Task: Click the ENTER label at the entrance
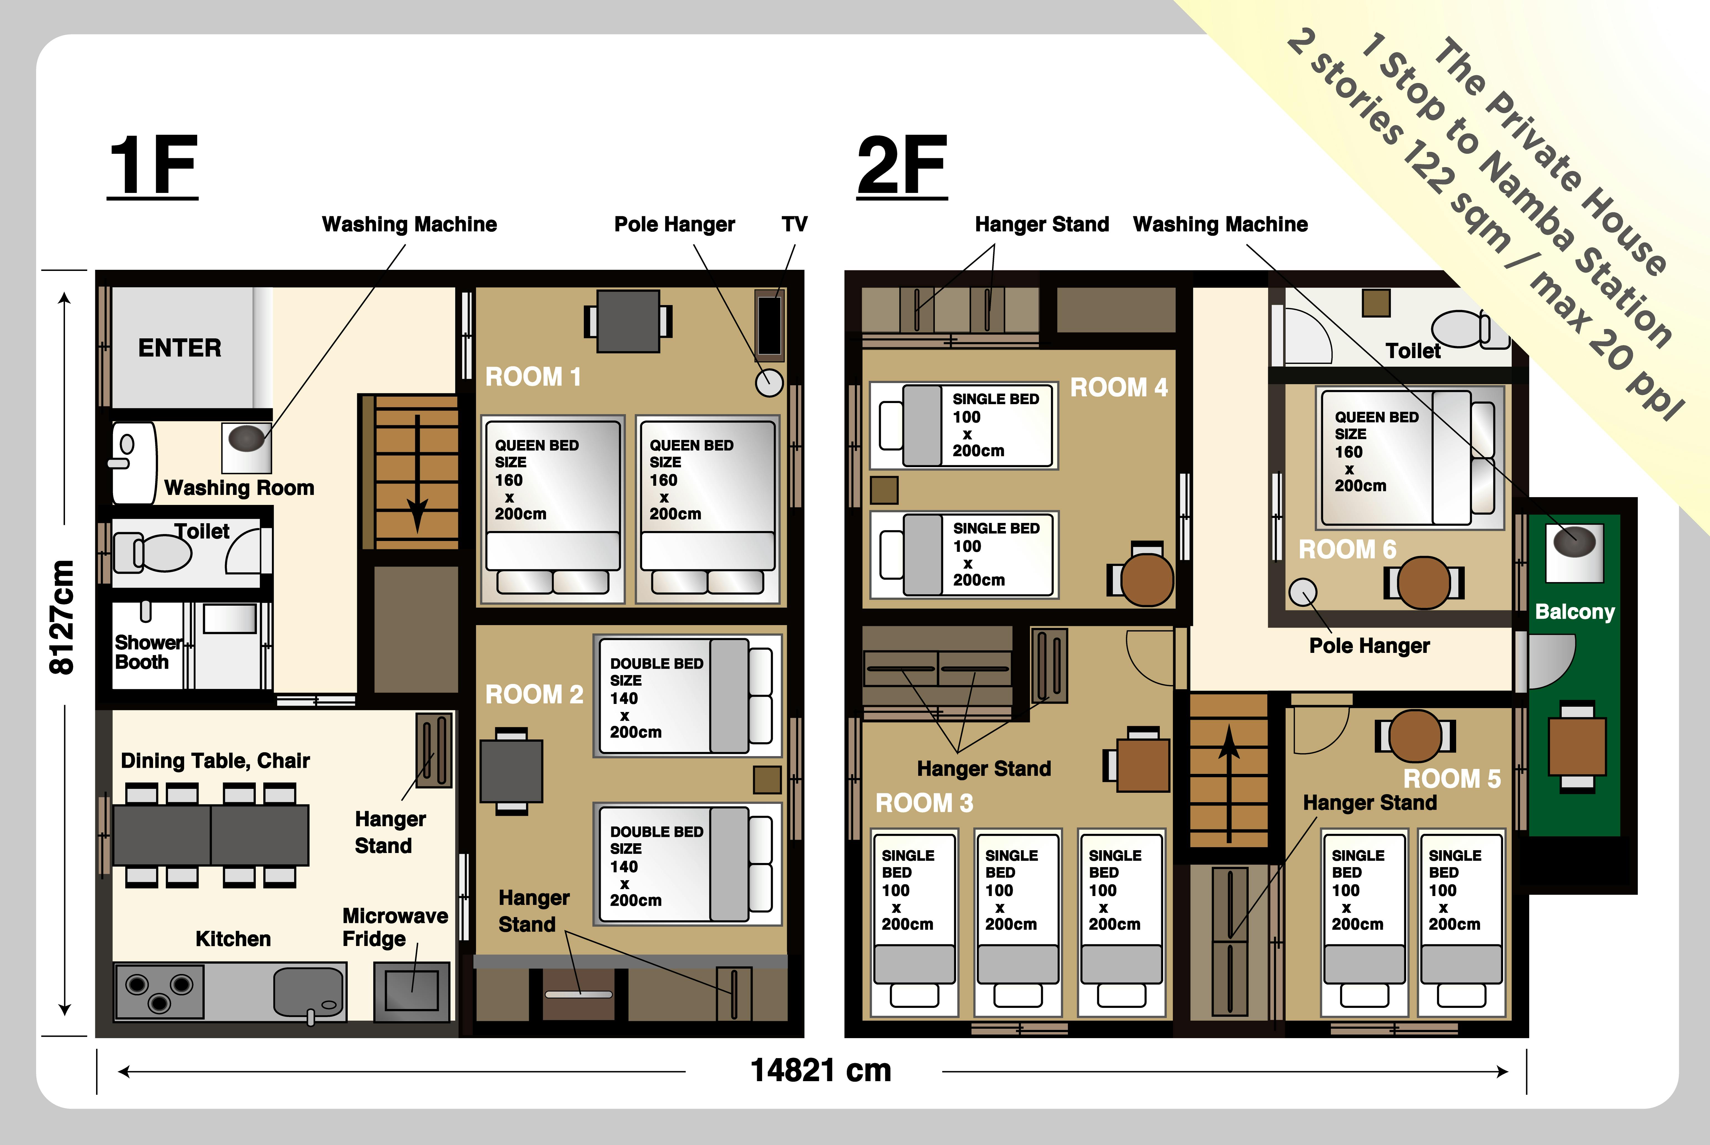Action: [x=180, y=348]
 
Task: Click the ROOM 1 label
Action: [x=533, y=377]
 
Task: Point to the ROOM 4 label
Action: [x=1118, y=387]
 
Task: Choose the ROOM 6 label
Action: [x=1347, y=549]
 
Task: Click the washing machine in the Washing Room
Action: [x=247, y=447]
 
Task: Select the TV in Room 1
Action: [x=769, y=326]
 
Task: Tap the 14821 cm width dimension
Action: [x=821, y=1071]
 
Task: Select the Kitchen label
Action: [x=233, y=938]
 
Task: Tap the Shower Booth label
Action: [x=148, y=652]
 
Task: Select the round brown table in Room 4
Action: [x=1147, y=580]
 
